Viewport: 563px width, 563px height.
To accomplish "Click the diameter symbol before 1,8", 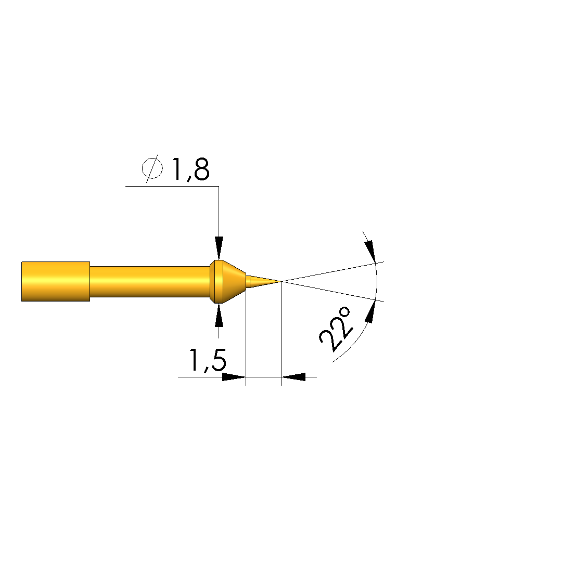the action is coord(152,168).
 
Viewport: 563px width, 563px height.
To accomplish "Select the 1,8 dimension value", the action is coord(190,169).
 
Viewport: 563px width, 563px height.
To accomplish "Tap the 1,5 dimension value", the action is coord(208,360).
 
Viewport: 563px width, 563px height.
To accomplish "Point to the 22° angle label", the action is coord(335,329).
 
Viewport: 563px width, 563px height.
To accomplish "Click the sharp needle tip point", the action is coord(281,281).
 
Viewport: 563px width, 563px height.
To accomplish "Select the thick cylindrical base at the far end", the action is coord(56,282).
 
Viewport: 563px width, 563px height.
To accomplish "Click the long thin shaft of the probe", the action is coord(150,282).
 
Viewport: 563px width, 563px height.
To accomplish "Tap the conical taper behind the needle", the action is coord(234,282).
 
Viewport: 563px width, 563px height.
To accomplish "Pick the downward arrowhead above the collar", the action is coord(219,248).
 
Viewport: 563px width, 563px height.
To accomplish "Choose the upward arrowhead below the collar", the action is coord(219,315).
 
